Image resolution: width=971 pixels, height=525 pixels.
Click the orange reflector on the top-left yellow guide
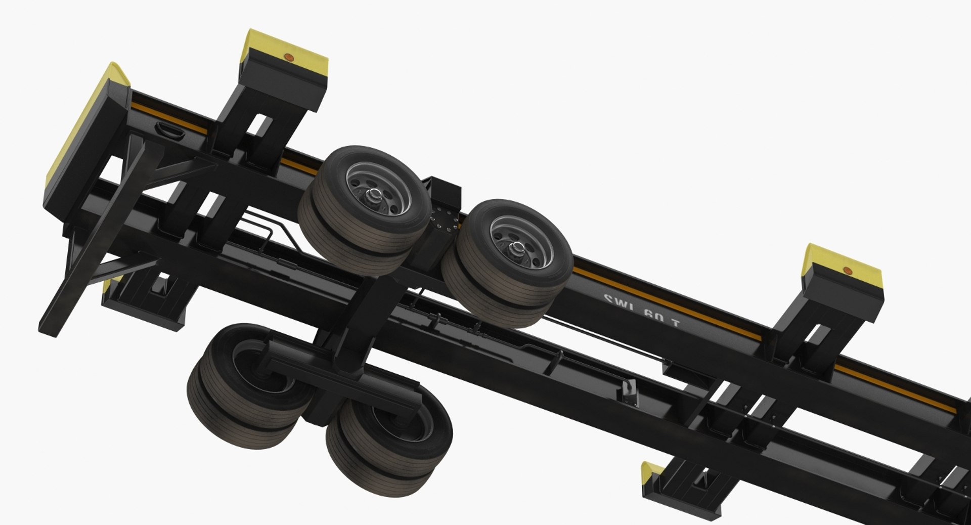coord(289,57)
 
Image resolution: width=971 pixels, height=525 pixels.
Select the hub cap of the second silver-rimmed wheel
coord(517,247)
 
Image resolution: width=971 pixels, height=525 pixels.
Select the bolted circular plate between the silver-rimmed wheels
coord(444,223)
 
